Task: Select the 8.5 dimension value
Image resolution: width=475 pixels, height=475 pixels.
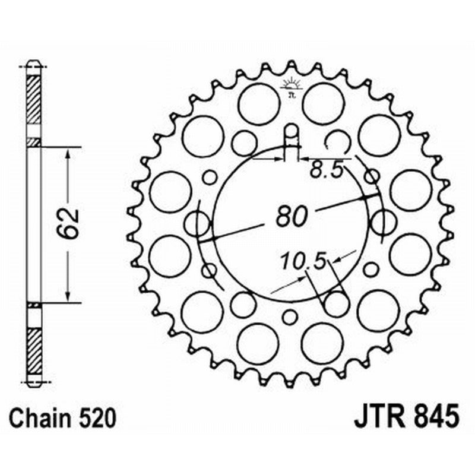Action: (325, 172)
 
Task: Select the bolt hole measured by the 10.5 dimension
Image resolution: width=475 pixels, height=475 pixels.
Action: (337, 304)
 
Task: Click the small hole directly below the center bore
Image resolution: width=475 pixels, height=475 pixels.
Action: (289, 316)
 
